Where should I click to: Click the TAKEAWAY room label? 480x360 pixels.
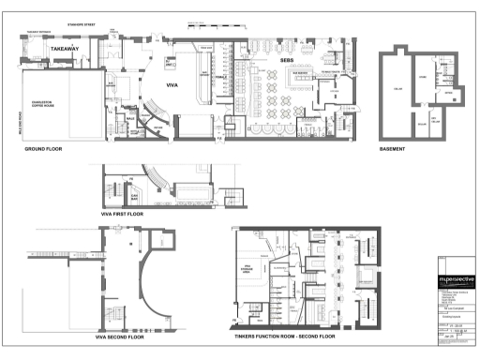[x=64, y=47]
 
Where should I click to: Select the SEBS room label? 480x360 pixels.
[x=289, y=58]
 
